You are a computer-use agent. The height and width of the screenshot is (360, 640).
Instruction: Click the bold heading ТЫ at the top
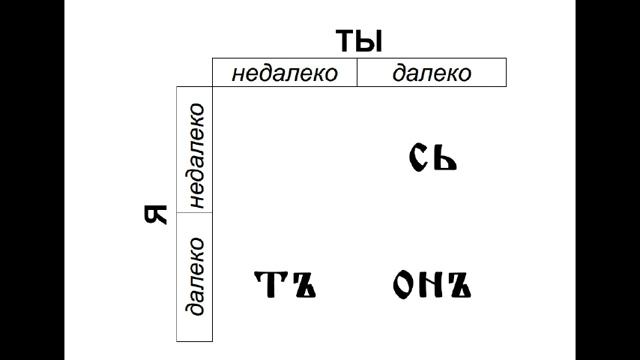click(360, 41)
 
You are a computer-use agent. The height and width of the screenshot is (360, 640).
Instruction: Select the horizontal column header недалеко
click(284, 73)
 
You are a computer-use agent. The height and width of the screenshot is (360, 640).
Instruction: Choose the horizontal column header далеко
click(432, 73)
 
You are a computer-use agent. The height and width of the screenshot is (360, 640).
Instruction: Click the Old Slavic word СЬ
click(433, 157)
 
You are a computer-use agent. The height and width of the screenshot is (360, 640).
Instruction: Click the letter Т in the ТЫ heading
click(345, 41)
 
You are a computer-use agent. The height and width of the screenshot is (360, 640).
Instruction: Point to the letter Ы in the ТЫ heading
click(371, 41)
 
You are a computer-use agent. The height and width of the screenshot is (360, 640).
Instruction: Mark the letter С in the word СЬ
click(419, 157)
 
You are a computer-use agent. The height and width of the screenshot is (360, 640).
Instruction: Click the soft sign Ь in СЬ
click(445, 157)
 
